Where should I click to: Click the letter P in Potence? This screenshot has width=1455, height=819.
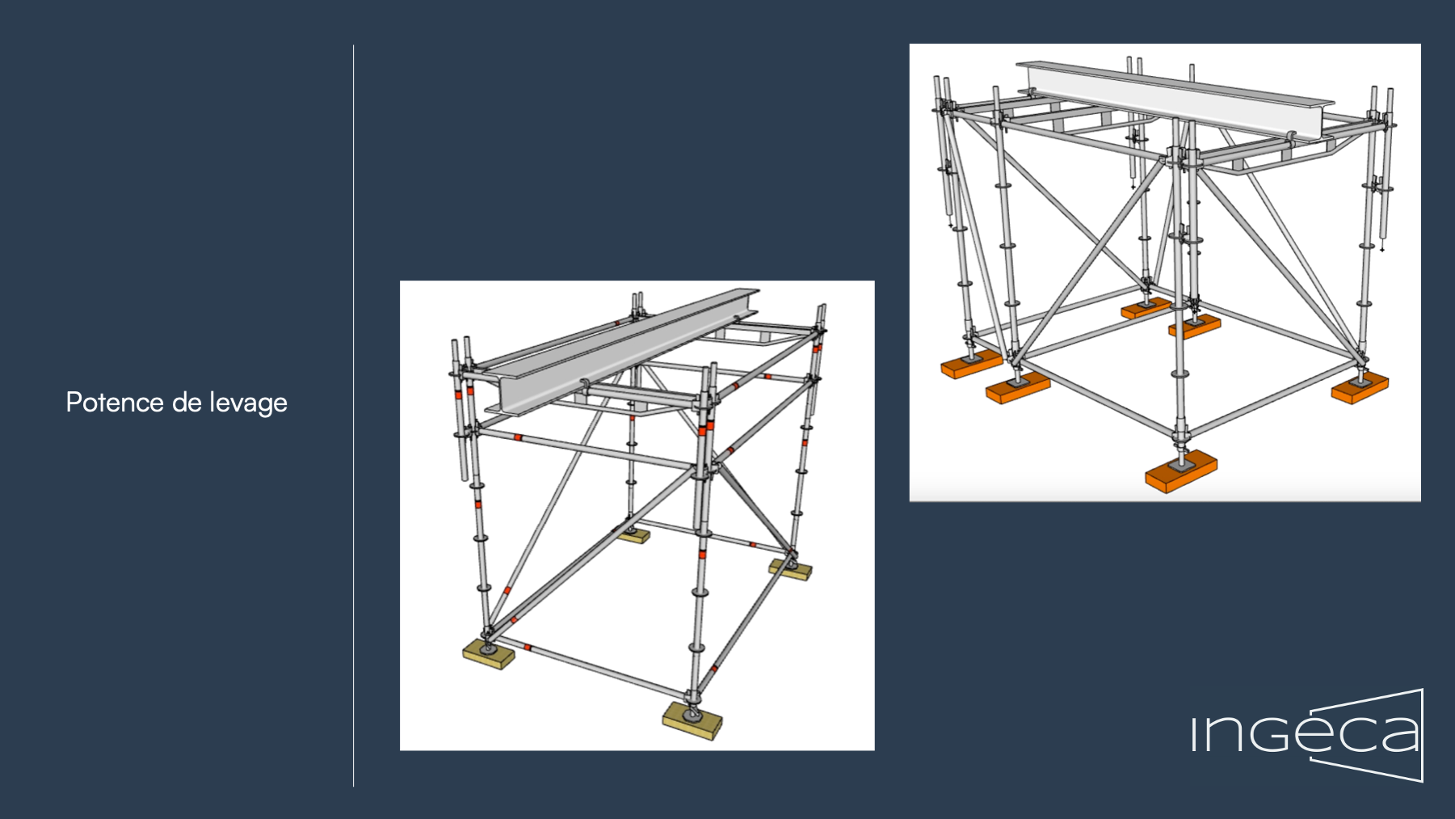click(x=73, y=403)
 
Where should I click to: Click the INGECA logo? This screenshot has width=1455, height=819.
click(x=1307, y=735)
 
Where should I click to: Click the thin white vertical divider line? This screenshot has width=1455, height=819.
click(x=353, y=416)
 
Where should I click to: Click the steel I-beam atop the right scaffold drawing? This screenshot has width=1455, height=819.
click(x=1171, y=99)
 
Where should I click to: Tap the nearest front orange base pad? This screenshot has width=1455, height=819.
click(x=1180, y=472)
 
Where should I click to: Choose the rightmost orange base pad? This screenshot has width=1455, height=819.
click(x=1360, y=389)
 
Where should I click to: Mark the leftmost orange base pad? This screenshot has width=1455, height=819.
click(x=970, y=365)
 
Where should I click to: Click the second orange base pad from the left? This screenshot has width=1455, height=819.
click(x=1017, y=387)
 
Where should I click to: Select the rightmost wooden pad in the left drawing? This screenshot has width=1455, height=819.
click(x=789, y=569)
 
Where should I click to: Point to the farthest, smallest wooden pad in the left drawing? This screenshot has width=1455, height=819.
click(x=633, y=534)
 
